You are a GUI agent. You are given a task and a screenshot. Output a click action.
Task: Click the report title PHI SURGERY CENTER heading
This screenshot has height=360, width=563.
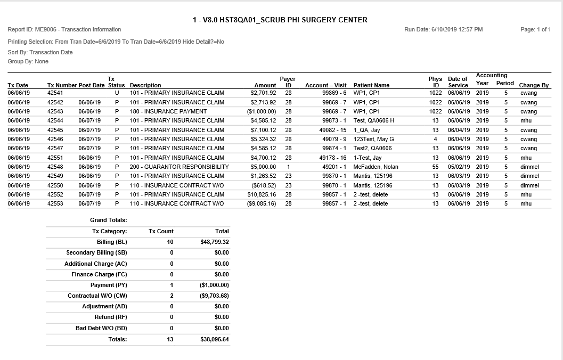280,20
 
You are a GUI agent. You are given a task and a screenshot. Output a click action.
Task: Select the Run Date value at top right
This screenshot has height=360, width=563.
443,29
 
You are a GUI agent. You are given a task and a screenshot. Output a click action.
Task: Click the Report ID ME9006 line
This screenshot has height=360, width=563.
64,29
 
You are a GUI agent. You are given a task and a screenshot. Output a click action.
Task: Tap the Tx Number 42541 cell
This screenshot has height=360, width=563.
55,93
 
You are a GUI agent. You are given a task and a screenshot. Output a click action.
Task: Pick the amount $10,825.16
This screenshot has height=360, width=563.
262,194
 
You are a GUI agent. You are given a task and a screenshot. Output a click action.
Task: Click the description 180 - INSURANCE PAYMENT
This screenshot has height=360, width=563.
168,111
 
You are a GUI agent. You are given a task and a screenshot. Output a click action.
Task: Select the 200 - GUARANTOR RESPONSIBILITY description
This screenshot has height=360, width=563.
179,167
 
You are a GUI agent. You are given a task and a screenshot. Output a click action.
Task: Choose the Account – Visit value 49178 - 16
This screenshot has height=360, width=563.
333,158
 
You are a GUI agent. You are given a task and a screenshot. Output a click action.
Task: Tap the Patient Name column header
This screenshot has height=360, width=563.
371,85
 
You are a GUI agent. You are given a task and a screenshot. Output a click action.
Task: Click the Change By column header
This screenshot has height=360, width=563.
534,85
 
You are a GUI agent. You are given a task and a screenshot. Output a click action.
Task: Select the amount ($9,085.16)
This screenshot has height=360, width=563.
262,203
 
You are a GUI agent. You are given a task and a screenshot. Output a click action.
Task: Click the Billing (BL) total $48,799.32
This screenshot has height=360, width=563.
215,242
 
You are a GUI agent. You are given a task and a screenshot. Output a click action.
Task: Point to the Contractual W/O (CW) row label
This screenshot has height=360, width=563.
97,296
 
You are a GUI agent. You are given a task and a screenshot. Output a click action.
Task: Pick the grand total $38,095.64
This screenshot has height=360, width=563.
215,339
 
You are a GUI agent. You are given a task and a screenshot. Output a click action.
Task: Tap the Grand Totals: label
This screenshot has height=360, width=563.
109,220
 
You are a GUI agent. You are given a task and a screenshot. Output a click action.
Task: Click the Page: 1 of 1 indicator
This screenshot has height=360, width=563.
535,29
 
